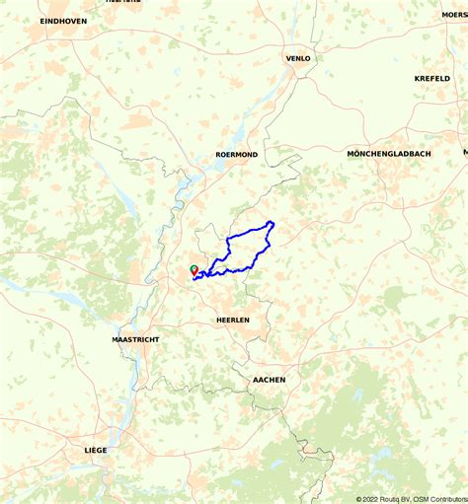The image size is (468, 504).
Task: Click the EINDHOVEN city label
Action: [x=63, y=21]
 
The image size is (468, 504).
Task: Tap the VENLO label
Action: [x=298, y=58]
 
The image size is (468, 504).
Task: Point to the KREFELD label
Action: [x=431, y=78]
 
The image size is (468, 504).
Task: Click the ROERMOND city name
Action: [x=236, y=155]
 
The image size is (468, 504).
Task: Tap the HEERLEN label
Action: [x=233, y=321]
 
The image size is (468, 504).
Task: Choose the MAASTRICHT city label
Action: [x=135, y=339]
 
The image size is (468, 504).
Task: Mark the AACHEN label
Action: [x=269, y=380]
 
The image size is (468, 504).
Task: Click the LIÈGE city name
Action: [x=96, y=450]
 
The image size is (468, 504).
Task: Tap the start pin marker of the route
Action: [x=193, y=269]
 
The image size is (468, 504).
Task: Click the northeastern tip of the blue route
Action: [x=272, y=222]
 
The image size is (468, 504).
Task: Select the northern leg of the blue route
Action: [x=247, y=233]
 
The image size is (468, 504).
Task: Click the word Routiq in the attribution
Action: [x=389, y=498]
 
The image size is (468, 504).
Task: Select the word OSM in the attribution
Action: [x=422, y=498]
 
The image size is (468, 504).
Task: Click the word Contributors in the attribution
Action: [x=449, y=498]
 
